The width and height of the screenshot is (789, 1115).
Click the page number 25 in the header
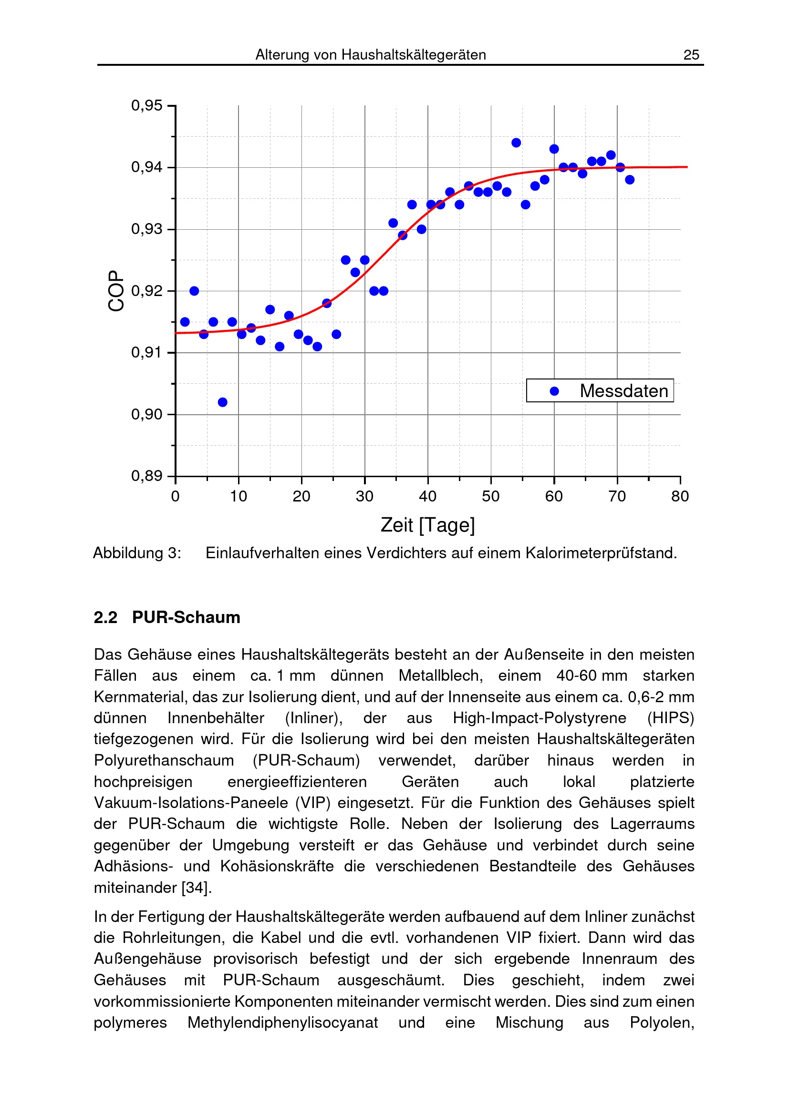(x=691, y=55)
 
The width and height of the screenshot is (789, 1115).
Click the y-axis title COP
(x=116, y=290)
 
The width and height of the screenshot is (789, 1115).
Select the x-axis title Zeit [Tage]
(x=427, y=525)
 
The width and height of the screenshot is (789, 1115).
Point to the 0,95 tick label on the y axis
(x=147, y=105)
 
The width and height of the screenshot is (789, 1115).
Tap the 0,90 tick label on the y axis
(x=147, y=414)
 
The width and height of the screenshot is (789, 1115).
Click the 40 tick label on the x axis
(x=427, y=496)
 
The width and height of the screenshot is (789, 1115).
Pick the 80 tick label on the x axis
(x=680, y=496)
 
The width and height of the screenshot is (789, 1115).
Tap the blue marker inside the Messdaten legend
(x=554, y=391)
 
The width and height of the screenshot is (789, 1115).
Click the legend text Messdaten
(x=624, y=391)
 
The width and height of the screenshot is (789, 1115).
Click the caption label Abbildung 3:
(x=137, y=553)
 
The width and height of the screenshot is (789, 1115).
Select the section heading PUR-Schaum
(x=186, y=617)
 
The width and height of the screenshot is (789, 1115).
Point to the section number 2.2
(x=105, y=617)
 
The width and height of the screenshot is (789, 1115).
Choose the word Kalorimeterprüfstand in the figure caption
(x=601, y=553)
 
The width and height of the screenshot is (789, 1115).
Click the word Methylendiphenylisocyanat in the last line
(x=283, y=1023)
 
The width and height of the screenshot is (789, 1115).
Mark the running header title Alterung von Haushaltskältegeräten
(x=371, y=55)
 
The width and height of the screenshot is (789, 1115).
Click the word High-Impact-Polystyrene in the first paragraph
(x=540, y=718)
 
